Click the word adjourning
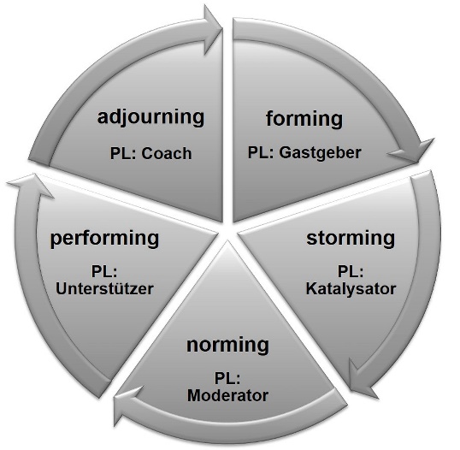(x=150, y=117)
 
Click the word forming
(x=304, y=119)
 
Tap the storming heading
(x=351, y=238)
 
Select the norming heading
(x=227, y=345)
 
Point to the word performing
(x=104, y=239)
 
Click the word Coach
(x=167, y=153)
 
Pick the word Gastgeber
(x=320, y=153)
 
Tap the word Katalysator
(x=351, y=289)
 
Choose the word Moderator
(x=227, y=395)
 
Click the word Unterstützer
(x=104, y=289)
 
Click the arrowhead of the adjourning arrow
(x=212, y=29)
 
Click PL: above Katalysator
(x=351, y=271)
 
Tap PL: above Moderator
(x=227, y=378)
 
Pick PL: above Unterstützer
(x=104, y=271)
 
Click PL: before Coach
(x=123, y=153)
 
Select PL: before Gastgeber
(x=261, y=152)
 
